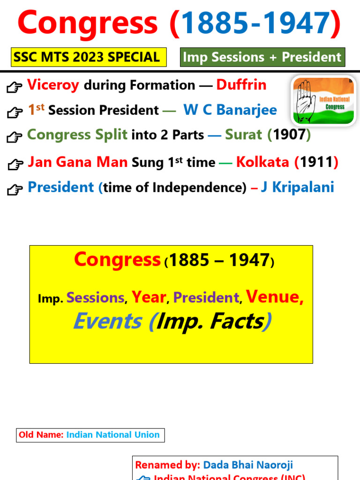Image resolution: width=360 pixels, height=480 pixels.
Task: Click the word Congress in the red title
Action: coord(88,23)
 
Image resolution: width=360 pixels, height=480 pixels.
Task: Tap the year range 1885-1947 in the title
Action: coord(255,23)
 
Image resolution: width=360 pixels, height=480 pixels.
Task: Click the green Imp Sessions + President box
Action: coord(262,57)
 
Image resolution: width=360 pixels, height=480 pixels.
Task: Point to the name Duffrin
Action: coord(241,85)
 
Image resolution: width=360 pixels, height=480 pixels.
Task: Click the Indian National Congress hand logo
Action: coord(323,100)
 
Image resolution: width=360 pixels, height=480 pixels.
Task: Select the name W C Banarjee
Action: coord(230,110)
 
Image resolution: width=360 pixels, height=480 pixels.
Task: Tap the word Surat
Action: coord(243,135)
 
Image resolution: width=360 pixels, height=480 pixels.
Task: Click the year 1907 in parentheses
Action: coord(289,135)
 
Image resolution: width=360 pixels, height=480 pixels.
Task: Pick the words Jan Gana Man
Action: coord(78,162)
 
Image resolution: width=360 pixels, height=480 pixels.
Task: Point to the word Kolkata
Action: coord(262,162)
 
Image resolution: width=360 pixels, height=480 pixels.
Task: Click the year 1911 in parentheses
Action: coord(316,162)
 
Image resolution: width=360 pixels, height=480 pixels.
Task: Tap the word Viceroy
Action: coord(53,85)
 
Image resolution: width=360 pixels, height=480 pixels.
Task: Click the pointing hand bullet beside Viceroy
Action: coord(15,87)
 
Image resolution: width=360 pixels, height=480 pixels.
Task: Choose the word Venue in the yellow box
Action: coord(275,297)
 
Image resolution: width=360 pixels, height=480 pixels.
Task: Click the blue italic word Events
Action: coord(107,322)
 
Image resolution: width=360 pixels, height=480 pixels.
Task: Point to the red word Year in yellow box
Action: coord(149,297)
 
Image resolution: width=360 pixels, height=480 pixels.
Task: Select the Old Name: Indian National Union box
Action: coord(90,435)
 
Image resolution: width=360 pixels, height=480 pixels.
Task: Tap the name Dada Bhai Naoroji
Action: coord(247,465)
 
